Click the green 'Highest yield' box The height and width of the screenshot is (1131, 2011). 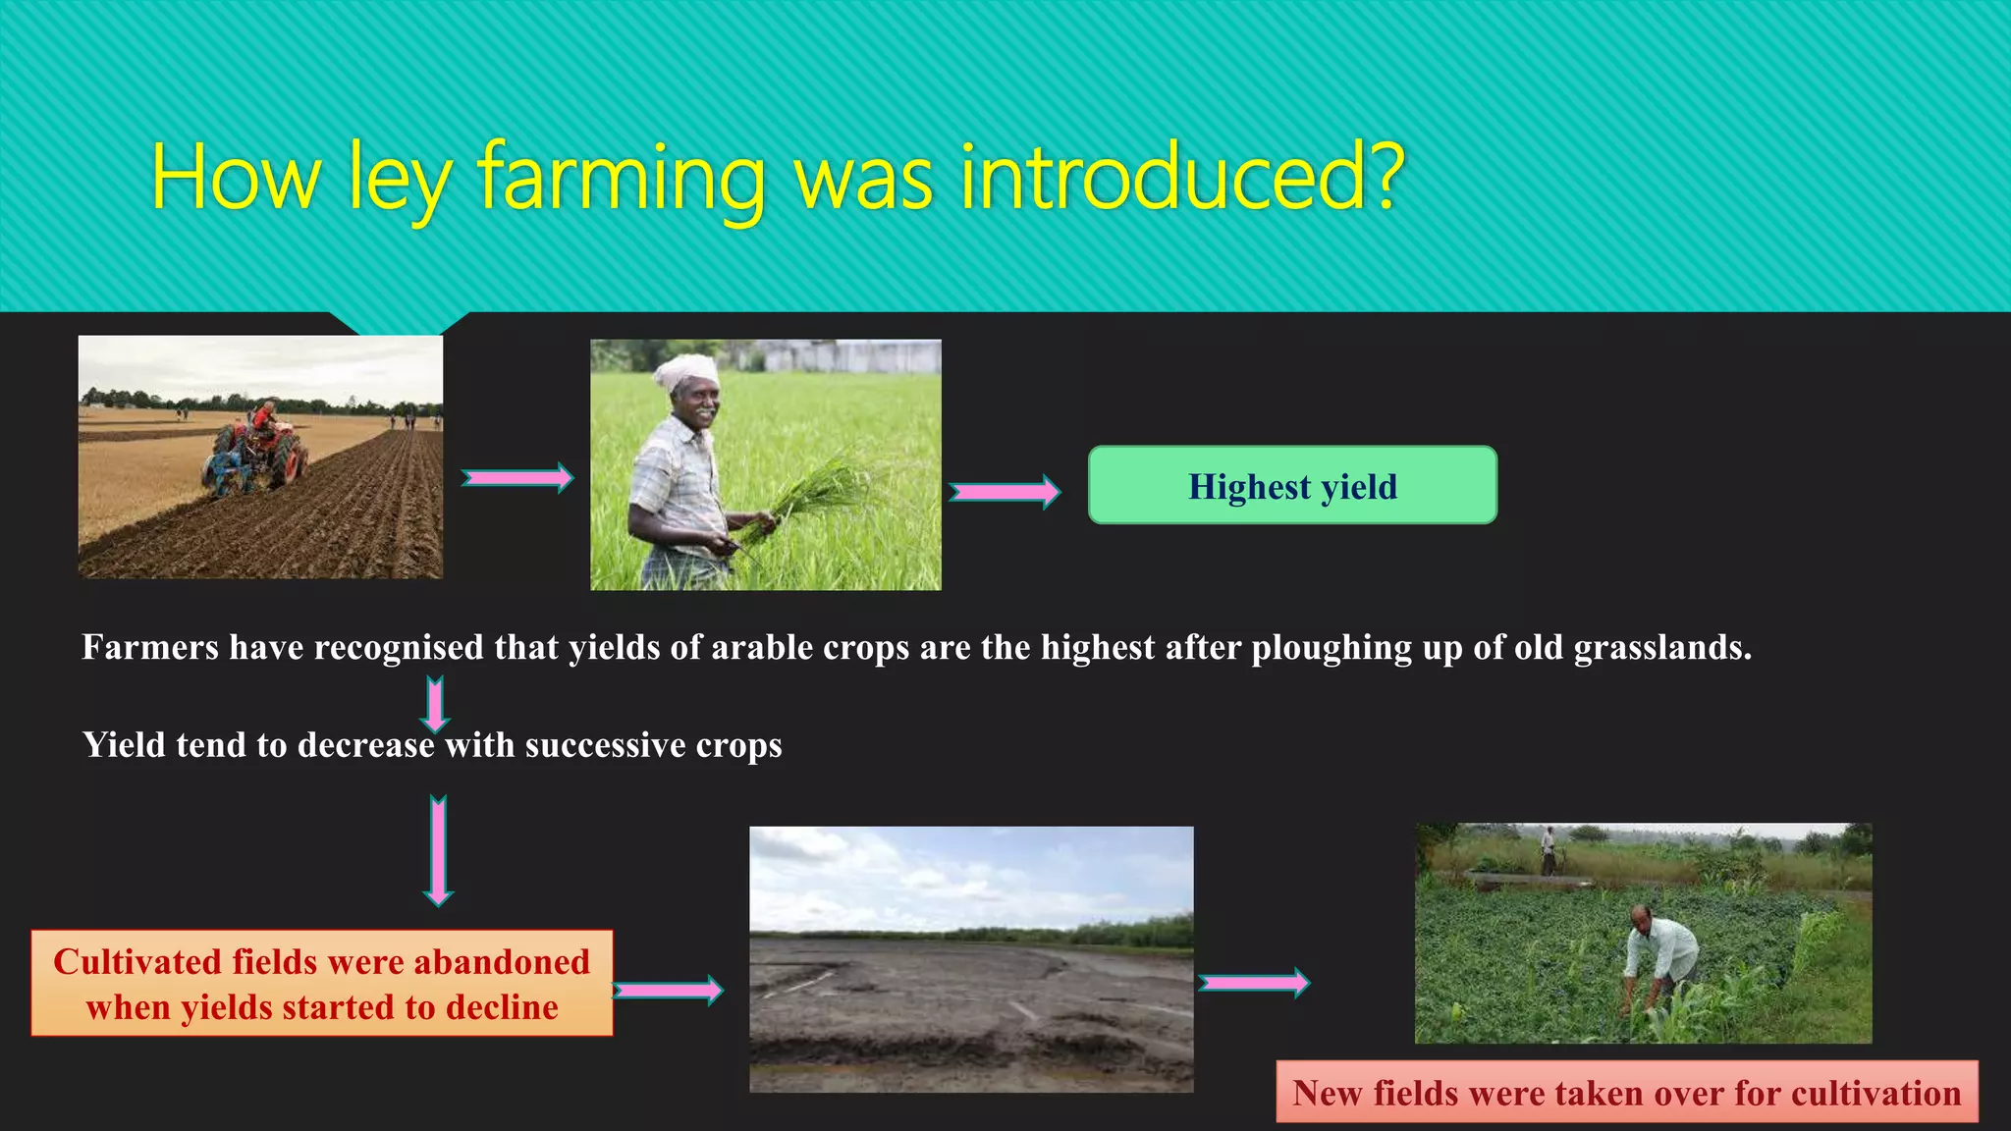[1292, 485]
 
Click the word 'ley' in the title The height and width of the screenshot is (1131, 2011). [399, 182]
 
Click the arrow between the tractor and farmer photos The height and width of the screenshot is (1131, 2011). [516, 478]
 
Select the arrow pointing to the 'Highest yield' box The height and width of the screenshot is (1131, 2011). [1005, 491]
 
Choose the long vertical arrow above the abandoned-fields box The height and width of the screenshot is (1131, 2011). [438, 850]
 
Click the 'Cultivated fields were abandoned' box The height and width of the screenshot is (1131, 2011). [322, 983]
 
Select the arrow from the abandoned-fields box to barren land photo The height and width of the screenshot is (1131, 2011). [668, 990]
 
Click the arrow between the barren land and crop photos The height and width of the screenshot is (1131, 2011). [1254, 982]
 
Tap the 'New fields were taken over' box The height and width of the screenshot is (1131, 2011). [1626, 1093]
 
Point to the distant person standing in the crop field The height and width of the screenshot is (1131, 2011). [1549, 850]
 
